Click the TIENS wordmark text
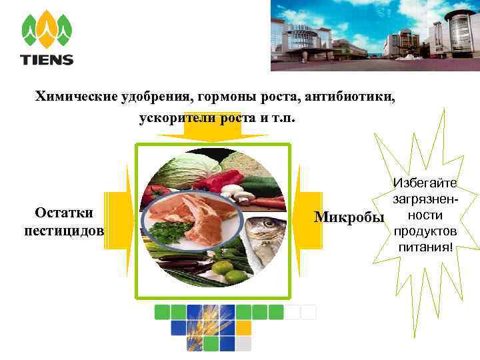coord(47,59)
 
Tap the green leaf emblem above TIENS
coord(47,30)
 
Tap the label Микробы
coord(349,217)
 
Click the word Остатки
coord(64,212)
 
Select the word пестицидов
coord(64,231)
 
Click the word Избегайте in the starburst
coord(425,182)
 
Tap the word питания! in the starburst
coord(425,247)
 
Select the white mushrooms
coord(233,193)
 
